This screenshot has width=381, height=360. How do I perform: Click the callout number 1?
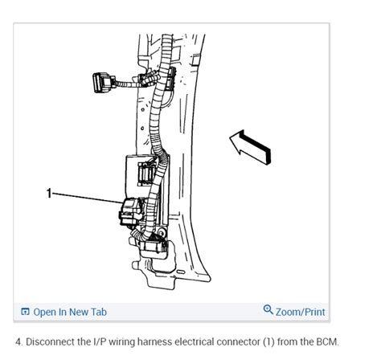click(49, 194)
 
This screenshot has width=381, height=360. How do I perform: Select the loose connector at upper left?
click(101, 83)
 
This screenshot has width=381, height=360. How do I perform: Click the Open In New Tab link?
click(70, 311)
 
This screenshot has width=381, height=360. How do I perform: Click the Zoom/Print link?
click(300, 311)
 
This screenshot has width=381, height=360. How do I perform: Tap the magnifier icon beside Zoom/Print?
click(268, 310)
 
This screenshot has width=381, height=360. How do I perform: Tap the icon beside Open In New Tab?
click(26, 312)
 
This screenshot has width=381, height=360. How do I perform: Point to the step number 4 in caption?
click(18, 341)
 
